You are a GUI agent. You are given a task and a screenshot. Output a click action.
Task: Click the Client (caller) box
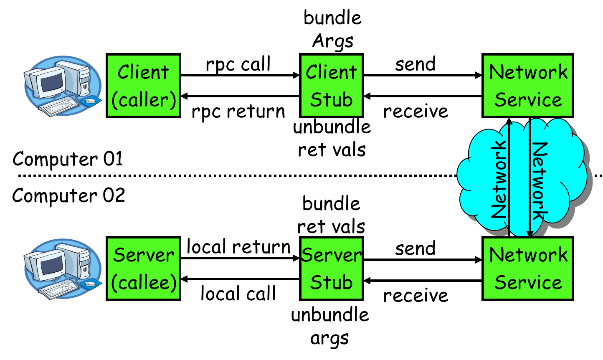tap(143, 86)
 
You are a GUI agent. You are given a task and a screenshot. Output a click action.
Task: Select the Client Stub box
tap(331, 86)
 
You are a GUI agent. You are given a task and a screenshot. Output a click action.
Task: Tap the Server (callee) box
tap(143, 269)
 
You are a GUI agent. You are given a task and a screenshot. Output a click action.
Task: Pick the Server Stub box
tap(331, 269)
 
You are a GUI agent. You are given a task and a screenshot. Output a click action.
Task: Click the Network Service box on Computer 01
tap(528, 86)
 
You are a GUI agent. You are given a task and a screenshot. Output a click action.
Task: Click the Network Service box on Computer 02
tap(528, 269)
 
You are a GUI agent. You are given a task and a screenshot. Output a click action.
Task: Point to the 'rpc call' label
tap(238, 64)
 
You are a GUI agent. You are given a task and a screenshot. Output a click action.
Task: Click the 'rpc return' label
tap(238, 112)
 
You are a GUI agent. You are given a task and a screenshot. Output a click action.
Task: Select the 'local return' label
tap(238, 247)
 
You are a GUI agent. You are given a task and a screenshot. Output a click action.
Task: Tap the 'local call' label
tap(238, 294)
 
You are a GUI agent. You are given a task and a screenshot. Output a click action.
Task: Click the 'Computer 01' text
tap(68, 159)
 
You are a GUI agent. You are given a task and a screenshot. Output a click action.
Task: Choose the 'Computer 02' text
tap(68, 195)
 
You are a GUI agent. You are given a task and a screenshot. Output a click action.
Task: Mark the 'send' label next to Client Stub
tap(416, 64)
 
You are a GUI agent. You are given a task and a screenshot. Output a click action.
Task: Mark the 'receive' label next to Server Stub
tap(416, 295)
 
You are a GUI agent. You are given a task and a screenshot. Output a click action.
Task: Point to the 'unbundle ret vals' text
tap(332, 138)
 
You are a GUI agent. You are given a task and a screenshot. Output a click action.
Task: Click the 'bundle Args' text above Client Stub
tap(332, 29)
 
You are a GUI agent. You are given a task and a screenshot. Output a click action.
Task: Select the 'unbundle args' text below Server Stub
tap(330, 326)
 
